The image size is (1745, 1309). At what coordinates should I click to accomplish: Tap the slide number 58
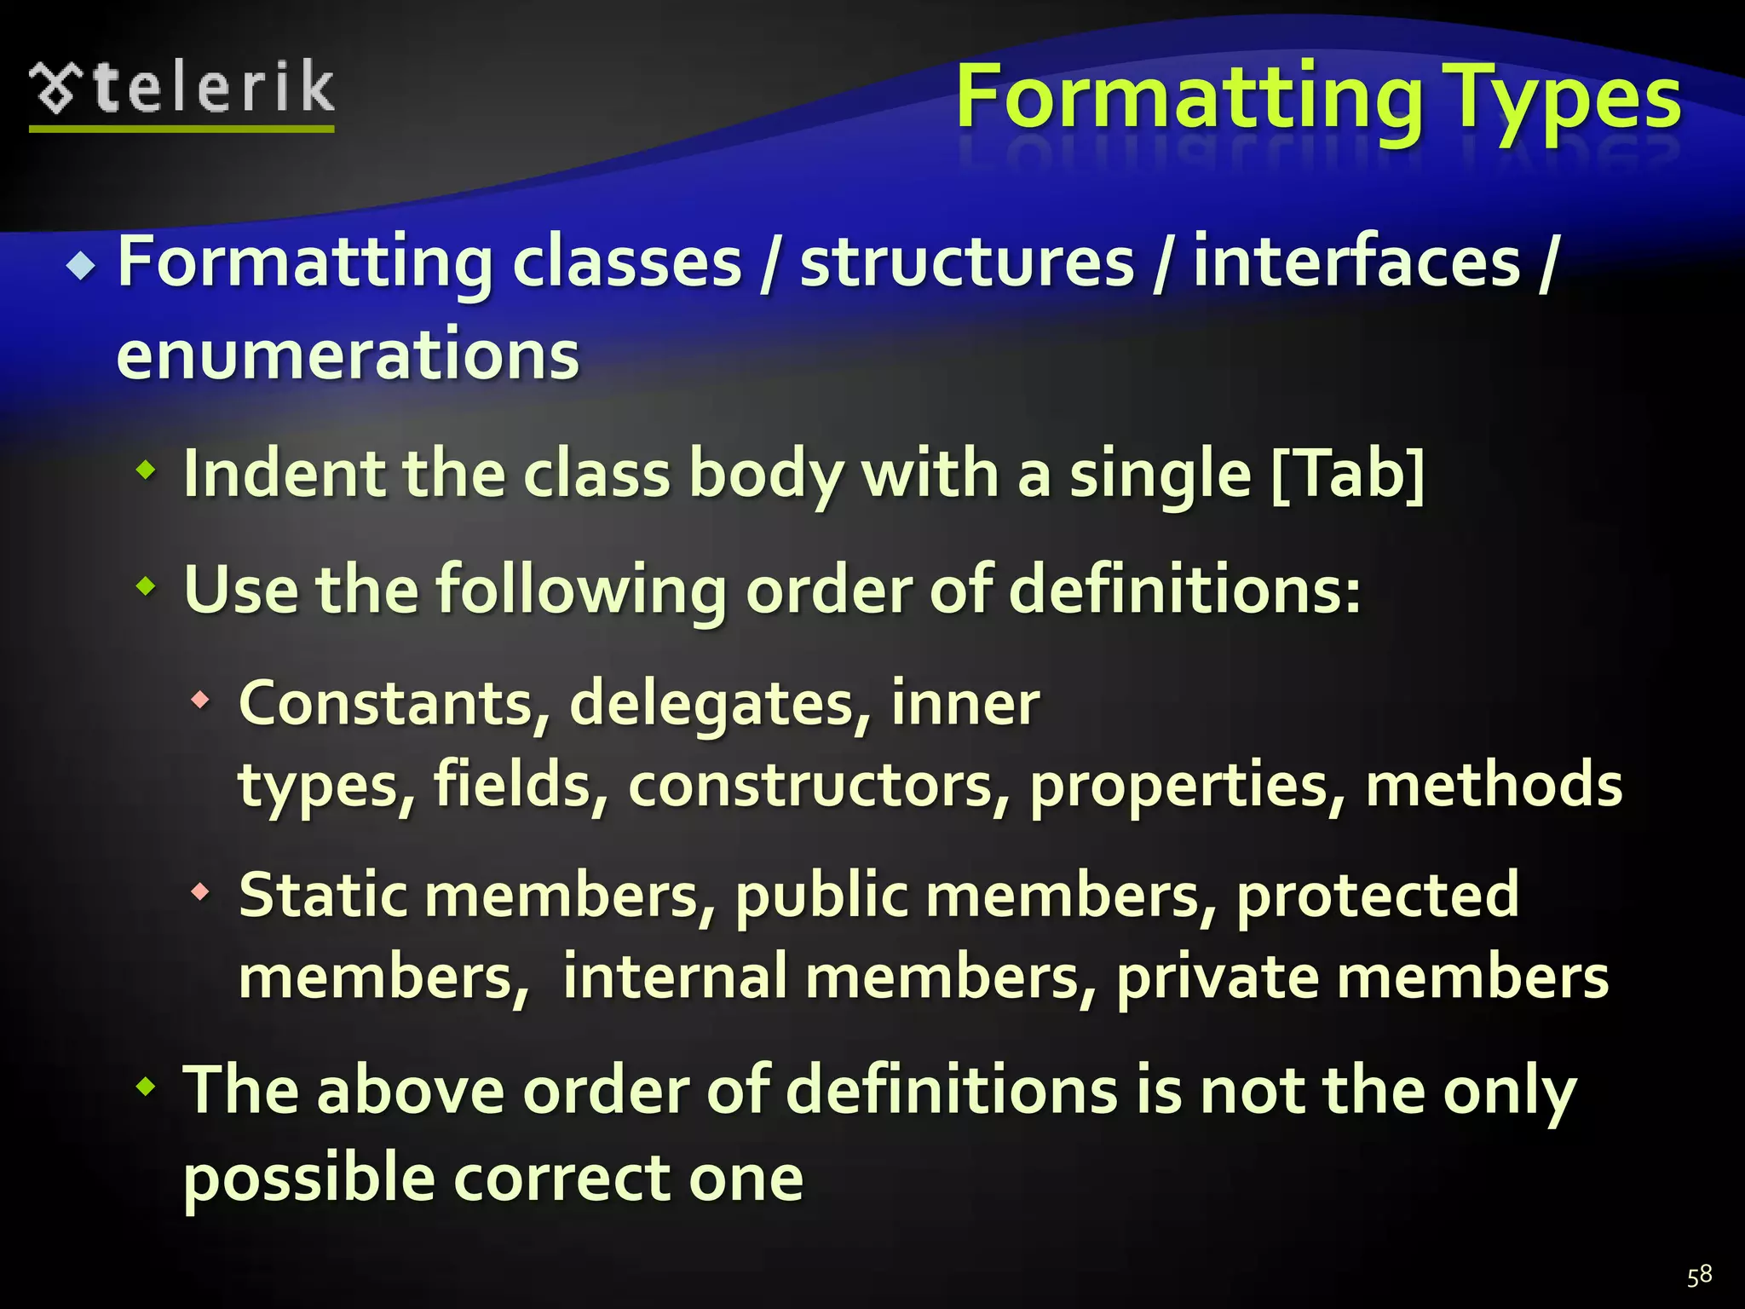click(1699, 1276)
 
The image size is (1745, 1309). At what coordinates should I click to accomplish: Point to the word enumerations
click(348, 355)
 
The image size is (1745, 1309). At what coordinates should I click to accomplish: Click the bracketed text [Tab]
click(1347, 474)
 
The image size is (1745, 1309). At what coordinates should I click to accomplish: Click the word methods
click(1494, 785)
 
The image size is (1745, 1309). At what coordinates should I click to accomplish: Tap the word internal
click(674, 977)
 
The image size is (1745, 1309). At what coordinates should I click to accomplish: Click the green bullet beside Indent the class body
click(147, 470)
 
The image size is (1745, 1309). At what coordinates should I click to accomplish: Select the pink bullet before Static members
click(200, 892)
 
